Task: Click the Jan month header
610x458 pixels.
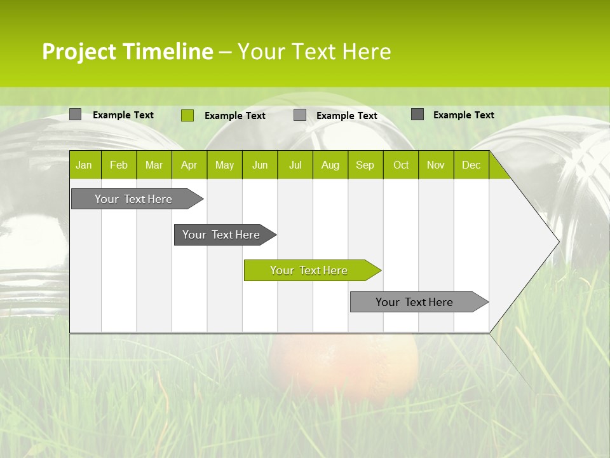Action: pyautogui.click(x=85, y=165)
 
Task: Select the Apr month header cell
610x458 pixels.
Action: pyautogui.click(x=189, y=165)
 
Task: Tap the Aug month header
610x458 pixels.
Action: pyautogui.click(x=330, y=165)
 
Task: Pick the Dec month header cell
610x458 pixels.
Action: pyautogui.click(x=471, y=165)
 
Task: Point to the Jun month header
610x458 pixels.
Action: pyautogui.click(x=260, y=165)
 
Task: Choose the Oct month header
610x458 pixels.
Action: pyautogui.click(x=401, y=165)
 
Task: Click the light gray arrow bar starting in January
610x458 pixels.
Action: pyautogui.click(x=133, y=199)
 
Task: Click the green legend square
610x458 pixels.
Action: pyautogui.click(x=187, y=115)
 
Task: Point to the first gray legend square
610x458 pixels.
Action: pyautogui.click(x=75, y=114)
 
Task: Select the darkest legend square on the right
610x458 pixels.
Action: pyautogui.click(x=417, y=114)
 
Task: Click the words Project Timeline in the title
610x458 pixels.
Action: pyautogui.click(x=128, y=52)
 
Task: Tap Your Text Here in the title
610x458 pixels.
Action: pyautogui.click(x=315, y=52)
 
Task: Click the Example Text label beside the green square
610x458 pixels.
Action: pyautogui.click(x=235, y=116)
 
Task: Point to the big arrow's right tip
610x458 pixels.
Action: pyautogui.click(x=557, y=242)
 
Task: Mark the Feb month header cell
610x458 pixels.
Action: pyautogui.click(x=119, y=165)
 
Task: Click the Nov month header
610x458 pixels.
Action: pyautogui.click(x=436, y=165)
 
